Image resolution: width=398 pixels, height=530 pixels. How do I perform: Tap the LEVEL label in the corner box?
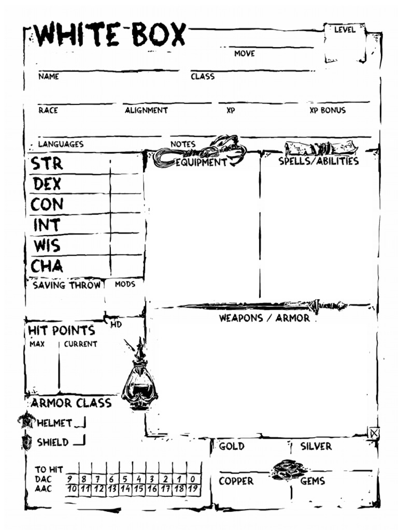(344, 30)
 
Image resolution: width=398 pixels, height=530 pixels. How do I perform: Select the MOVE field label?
(245, 53)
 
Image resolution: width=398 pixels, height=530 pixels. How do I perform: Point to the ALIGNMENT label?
(146, 110)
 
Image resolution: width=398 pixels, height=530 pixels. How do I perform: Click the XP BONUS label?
(328, 110)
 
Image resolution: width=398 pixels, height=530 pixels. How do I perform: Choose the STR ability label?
(47, 164)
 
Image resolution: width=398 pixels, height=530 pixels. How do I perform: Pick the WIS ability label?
(47, 245)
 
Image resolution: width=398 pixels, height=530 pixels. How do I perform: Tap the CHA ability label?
(47, 266)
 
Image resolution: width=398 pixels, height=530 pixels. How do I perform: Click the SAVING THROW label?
(66, 285)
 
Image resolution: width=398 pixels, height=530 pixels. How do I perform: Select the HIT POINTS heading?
(62, 330)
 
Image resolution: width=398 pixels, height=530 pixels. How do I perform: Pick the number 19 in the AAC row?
(193, 489)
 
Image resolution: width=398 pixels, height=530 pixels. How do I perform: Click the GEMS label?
(312, 481)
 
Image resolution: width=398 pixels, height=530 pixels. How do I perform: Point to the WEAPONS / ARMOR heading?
(264, 318)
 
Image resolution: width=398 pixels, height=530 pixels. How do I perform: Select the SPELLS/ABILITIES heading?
(319, 161)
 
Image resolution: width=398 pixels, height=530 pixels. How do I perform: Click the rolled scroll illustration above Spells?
(321, 149)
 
